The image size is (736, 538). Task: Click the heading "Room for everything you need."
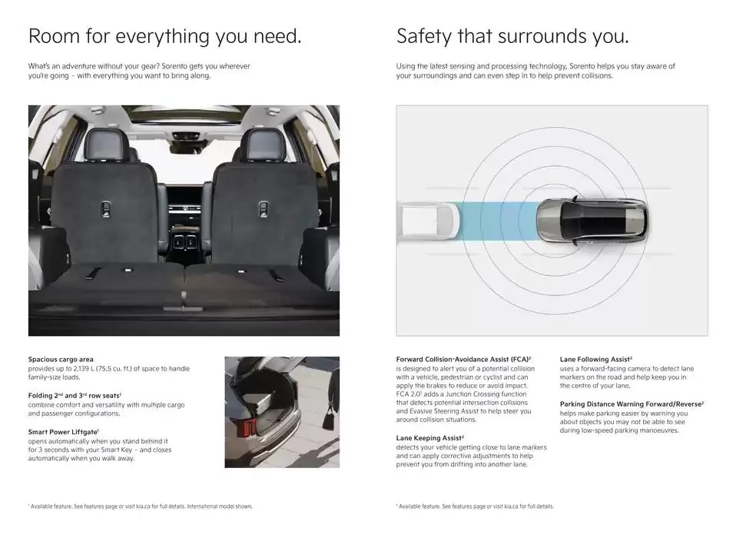pyautogui.click(x=164, y=36)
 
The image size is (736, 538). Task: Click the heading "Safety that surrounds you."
pyautogui.click(x=512, y=36)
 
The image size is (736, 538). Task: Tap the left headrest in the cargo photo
pyautogui.click(x=106, y=144)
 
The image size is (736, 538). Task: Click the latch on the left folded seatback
pyautogui.click(x=106, y=209)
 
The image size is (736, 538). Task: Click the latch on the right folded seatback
pyautogui.click(x=264, y=209)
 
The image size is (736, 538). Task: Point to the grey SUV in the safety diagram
pyautogui.click(x=592, y=221)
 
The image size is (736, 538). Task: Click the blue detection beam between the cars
pyautogui.click(x=498, y=221)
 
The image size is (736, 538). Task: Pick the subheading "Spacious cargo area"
pyautogui.click(x=61, y=360)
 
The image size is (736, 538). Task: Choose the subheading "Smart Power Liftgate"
pyautogui.click(x=62, y=432)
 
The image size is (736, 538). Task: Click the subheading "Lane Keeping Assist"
pyautogui.click(x=429, y=438)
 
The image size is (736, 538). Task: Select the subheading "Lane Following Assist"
pyautogui.click(x=595, y=360)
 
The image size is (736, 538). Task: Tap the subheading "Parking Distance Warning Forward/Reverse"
pyautogui.click(x=631, y=404)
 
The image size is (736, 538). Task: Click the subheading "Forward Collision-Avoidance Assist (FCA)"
pyautogui.click(x=462, y=360)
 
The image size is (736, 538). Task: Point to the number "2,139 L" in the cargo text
pyautogui.click(x=84, y=368)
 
